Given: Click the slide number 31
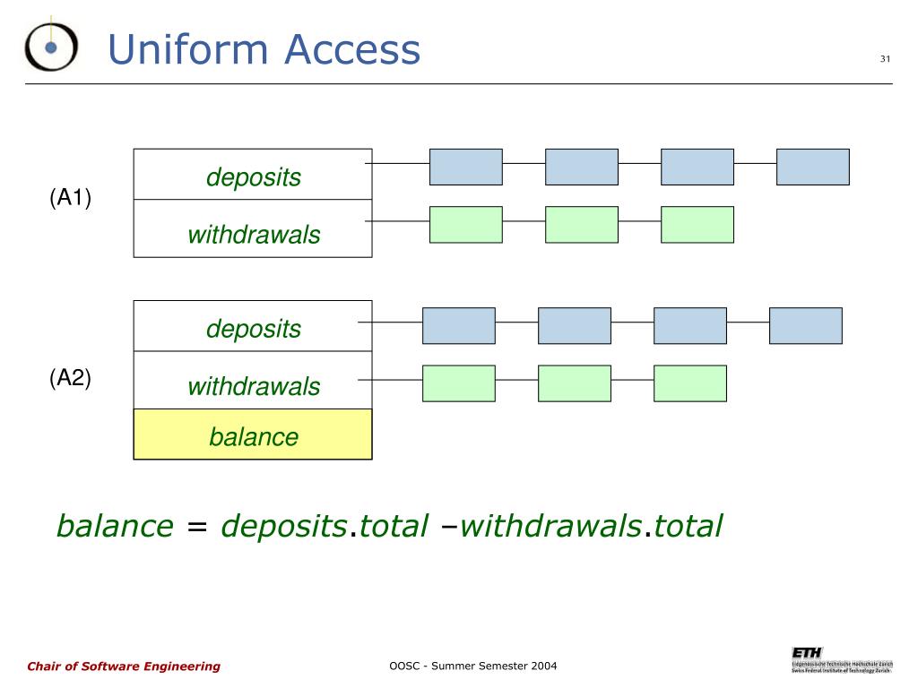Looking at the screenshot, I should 885,59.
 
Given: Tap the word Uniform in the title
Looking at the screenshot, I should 187,49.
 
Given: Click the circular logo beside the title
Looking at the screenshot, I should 51,46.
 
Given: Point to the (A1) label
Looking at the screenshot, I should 71,198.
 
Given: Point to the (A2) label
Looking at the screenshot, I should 71,378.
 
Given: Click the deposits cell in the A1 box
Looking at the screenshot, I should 253,176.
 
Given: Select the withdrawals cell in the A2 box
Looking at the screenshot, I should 253,386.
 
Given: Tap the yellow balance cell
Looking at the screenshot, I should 253,436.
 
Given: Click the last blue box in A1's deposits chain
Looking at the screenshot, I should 812,167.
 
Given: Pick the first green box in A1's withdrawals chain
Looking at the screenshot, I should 465,225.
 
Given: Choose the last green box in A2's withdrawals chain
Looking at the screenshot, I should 689,383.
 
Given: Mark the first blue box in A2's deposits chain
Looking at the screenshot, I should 458,326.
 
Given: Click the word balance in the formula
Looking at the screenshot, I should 115,526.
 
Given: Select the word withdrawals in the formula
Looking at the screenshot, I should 550,526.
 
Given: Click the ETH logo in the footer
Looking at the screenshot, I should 806,651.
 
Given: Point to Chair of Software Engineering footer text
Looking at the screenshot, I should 124,666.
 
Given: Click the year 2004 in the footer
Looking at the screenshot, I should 542,666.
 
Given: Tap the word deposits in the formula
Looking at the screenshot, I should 284,526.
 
